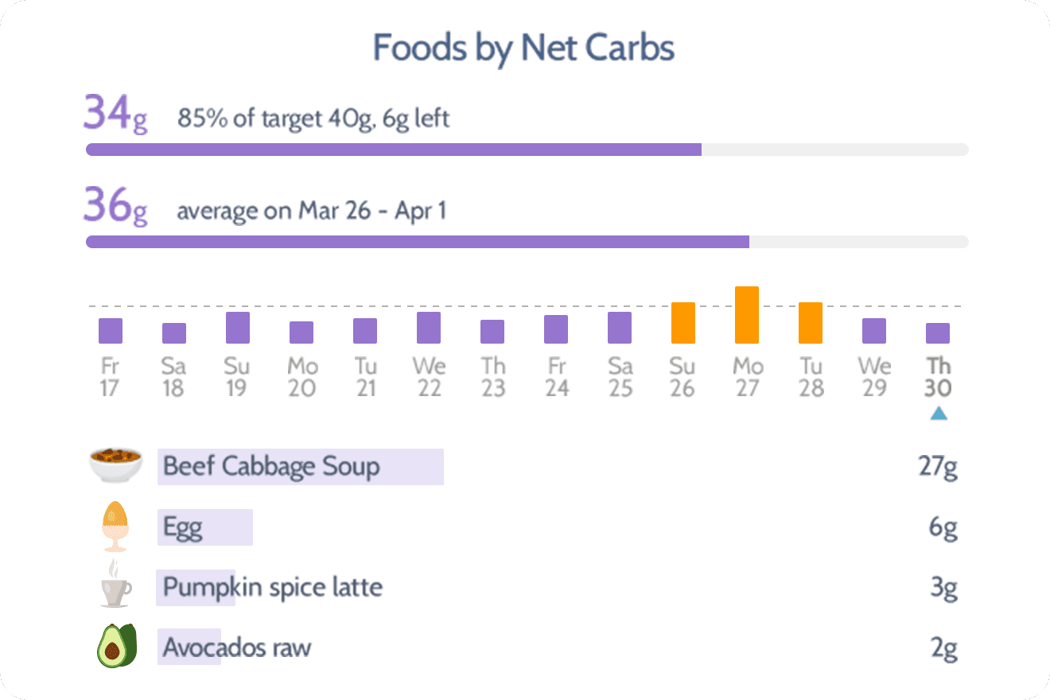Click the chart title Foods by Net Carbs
pos(524,49)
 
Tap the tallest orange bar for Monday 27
pos(747,315)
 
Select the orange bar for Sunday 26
pos(683,323)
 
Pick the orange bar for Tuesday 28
pos(811,323)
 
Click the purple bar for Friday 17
pos(111,331)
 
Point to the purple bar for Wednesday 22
pos(429,328)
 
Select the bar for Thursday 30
pos(938,333)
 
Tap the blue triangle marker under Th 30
pos(939,413)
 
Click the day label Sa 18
pos(173,378)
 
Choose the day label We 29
pos(874,378)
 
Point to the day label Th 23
pos(492,378)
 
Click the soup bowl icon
pos(115,465)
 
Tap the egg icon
pos(115,526)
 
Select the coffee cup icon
pos(115,586)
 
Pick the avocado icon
pos(117,646)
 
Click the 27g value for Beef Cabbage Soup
pos(938,467)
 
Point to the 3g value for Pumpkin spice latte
pos(943,589)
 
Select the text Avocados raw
pos(237,648)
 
